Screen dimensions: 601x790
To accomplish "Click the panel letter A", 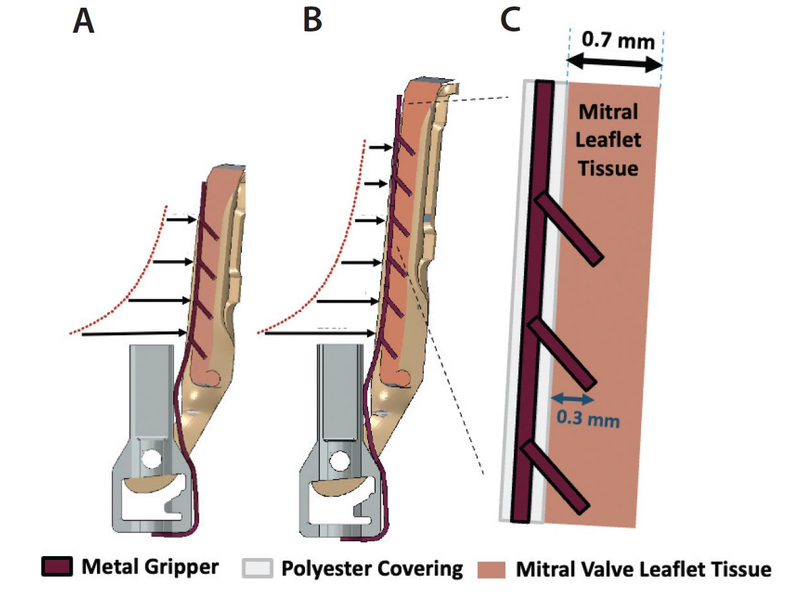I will coord(84,22).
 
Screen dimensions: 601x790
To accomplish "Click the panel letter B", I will coord(312,22).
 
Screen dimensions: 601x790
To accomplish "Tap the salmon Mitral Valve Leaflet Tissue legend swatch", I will coord(492,569).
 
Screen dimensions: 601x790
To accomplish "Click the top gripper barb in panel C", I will coord(568,228).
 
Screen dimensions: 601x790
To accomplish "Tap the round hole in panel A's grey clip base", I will coord(153,458).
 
